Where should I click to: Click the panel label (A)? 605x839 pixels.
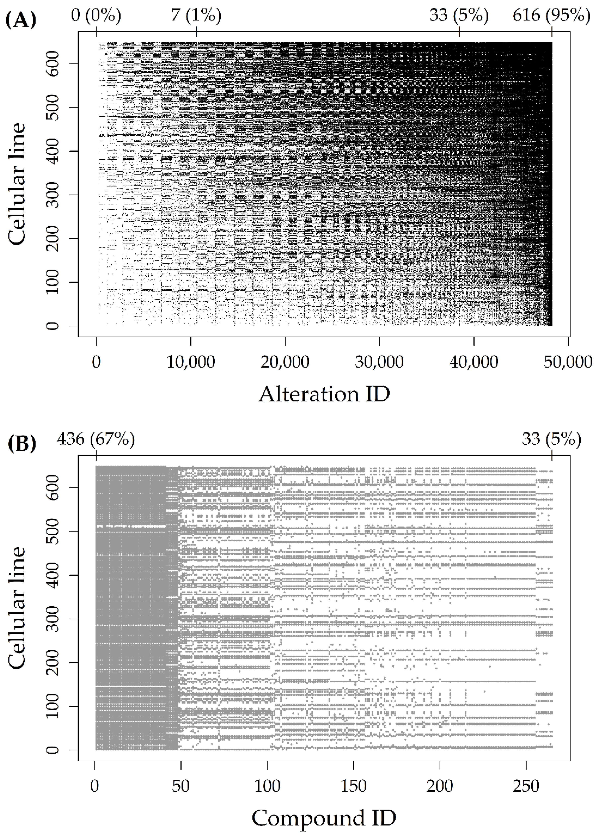coord(21,21)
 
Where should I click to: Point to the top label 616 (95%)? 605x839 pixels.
coord(551,15)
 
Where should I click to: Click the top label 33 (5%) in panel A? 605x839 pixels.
coord(459,15)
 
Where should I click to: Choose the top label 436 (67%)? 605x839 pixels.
coord(96,439)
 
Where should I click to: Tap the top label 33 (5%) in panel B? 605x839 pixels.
coord(551,439)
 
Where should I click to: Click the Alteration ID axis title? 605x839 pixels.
coord(324,394)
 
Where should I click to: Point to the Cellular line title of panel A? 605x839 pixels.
coord(17,184)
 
